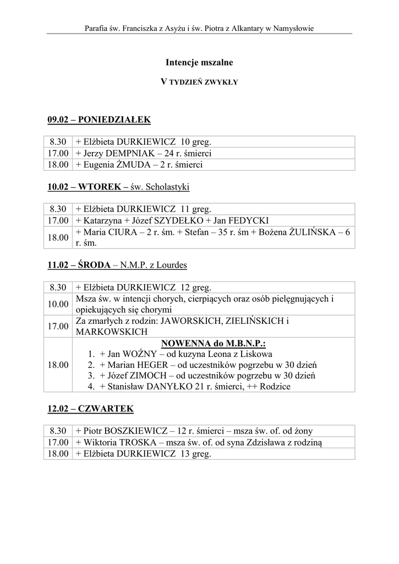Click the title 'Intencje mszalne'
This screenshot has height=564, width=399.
[199, 63]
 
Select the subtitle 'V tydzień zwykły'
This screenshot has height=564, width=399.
[199, 82]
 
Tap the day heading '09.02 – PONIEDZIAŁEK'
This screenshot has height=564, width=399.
[99, 120]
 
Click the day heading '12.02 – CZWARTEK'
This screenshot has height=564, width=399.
[90, 409]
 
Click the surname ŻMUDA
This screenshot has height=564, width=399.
[135, 164]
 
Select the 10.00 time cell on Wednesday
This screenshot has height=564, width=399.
[58, 303]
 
